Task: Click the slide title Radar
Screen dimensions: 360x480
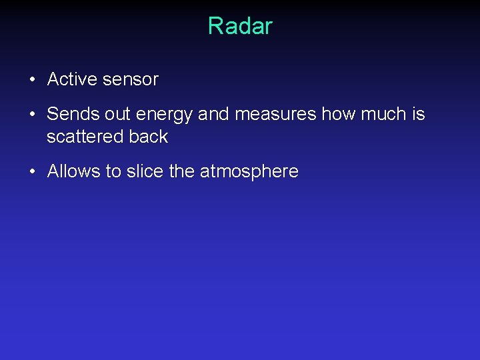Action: click(x=240, y=26)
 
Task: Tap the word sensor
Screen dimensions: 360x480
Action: click(x=131, y=79)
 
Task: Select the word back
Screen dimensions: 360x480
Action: click(x=149, y=137)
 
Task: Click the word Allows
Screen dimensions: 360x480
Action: click(x=73, y=171)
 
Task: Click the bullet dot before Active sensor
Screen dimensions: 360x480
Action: click(x=32, y=80)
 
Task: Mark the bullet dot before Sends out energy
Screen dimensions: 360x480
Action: click(x=32, y=115)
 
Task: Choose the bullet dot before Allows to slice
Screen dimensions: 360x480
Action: click(x=32, y=172)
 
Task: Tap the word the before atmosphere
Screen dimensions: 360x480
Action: click(x=182, y=171)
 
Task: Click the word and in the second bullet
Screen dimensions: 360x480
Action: click(x=213, y=114)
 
